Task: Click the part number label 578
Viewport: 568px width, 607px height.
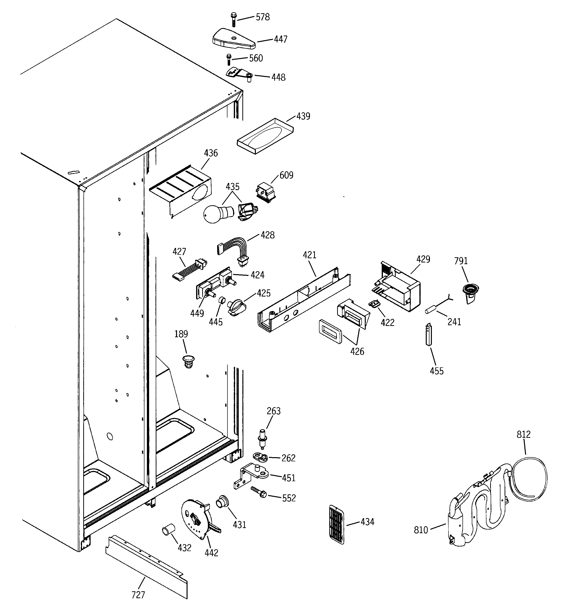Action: [x=262, y=17]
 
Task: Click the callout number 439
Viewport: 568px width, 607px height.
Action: [x=303, y=116]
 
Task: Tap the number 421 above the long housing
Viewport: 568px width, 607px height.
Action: [x=309, y=255]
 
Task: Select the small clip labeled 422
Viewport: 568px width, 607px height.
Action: [x=374, y=304]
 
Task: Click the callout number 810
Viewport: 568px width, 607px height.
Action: [x=421, y=530]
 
